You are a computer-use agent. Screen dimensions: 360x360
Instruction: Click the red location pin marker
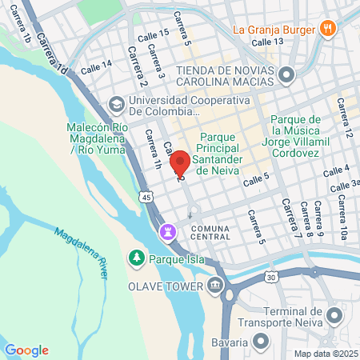tap(180, 163)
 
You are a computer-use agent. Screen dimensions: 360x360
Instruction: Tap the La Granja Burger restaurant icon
tap(326, 30)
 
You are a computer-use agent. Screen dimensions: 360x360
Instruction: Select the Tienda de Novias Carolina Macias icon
tap(287, 76)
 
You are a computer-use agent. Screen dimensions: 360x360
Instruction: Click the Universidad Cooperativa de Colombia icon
tap(117, 104)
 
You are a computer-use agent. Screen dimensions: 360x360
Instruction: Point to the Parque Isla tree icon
tap(136, 258)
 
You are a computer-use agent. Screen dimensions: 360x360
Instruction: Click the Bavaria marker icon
tap(261, 342)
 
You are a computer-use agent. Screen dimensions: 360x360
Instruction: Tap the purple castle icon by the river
tap(167, 232)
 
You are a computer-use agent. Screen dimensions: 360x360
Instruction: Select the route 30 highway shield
tap(272, 277)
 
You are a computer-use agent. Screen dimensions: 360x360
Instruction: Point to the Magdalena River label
tap(82, 253)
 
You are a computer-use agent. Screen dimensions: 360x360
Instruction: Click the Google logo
tap(26, 350)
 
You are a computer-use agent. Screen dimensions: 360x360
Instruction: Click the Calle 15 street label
tap(153, 34)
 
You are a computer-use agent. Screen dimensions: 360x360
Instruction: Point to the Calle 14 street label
tap(96, 65)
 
